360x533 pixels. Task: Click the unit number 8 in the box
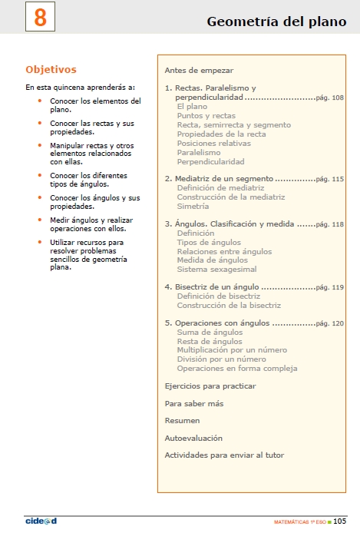pyautogui.click(x=40, y=18)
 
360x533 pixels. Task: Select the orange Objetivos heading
pyautogui.click(x=51, y=69)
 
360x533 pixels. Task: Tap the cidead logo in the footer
pyautogui.click(x=41, y=521)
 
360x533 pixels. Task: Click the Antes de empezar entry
pyautogui.click(x=199, y=70)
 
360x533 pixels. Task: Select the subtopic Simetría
pyautogui.click(x=193, y=206)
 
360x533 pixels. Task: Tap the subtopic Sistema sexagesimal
pyautogui.click(x=216, y=270)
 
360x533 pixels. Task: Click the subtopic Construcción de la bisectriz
pyautogui.click(x=229, y=305)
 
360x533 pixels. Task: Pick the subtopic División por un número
pyautogui.click(x=222, y=359)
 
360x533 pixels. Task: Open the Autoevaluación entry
pyautogui.click(x=193, y=438)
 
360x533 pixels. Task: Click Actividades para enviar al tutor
pyautogui.click(x=224, y=455)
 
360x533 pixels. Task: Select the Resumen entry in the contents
pyautogui.click(x=182, y=421)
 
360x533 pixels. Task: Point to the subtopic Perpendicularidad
pyautogui.click(x=210, y=161)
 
